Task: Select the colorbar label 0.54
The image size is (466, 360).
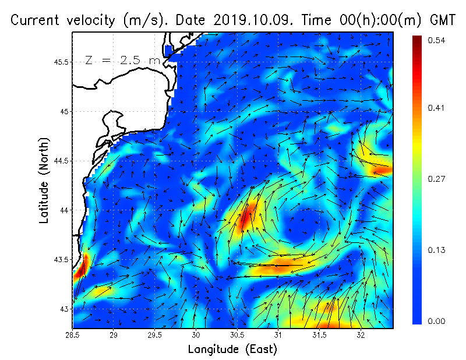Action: pos(437,40)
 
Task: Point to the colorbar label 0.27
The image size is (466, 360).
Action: pos(437,179)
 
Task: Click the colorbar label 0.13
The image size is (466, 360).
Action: pos(437,250)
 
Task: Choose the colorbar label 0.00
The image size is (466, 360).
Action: pos(437,321)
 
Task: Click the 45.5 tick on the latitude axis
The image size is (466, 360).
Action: pos(61,62)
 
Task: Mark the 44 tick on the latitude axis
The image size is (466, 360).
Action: pos(64,210)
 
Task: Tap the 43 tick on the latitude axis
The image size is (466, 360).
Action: pos(64,308)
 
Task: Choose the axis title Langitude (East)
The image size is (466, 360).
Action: pos(232,350)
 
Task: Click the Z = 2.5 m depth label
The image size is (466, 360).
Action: pos(122,60)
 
